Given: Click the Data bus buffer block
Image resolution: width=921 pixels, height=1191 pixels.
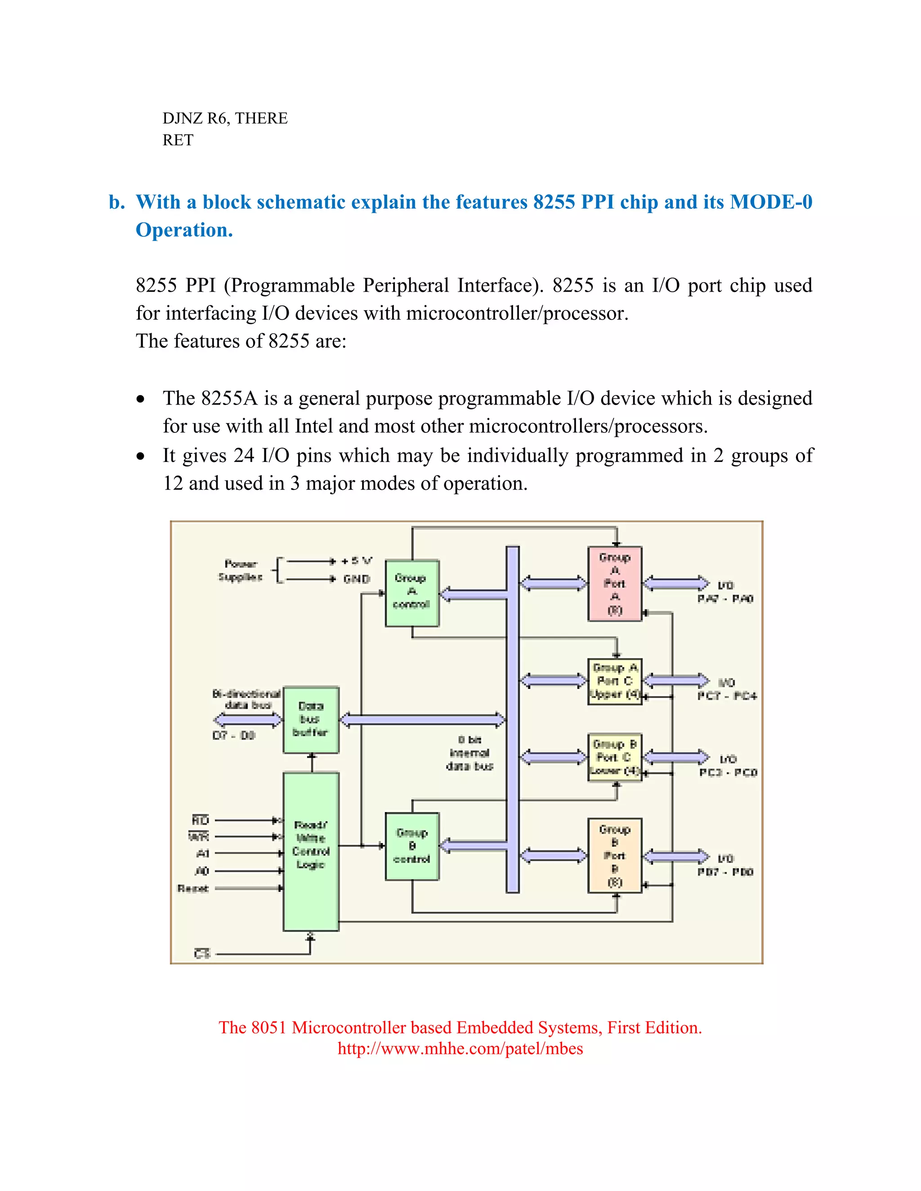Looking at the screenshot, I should [311, 720].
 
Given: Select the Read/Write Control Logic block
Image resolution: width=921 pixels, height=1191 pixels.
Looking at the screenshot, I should [311, 851].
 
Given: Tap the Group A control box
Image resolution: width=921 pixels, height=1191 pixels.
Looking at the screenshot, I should [412, 593].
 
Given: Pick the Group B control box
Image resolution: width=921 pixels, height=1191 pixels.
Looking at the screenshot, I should [412, 846].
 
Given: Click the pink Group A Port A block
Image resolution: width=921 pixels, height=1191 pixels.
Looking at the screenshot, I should [615, 583].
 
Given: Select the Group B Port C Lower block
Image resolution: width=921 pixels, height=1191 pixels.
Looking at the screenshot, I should [615, 757].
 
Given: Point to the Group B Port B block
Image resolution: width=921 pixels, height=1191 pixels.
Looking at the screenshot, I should [615, 855].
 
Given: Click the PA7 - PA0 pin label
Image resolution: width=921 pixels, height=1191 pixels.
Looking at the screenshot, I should [725, 599].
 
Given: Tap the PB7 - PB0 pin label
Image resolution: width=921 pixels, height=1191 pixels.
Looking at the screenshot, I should [725, 872].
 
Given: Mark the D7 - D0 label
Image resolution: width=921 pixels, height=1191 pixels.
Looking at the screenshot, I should [233, 736].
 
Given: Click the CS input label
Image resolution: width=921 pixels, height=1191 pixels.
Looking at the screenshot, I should [202, 954].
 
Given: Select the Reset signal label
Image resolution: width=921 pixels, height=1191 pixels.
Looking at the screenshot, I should [193, 889].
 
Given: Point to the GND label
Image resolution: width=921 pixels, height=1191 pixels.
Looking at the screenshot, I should [357, 578].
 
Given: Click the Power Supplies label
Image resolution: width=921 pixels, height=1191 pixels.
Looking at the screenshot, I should [241, 570].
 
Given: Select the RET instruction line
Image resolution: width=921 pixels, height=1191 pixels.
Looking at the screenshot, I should [178, 140].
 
